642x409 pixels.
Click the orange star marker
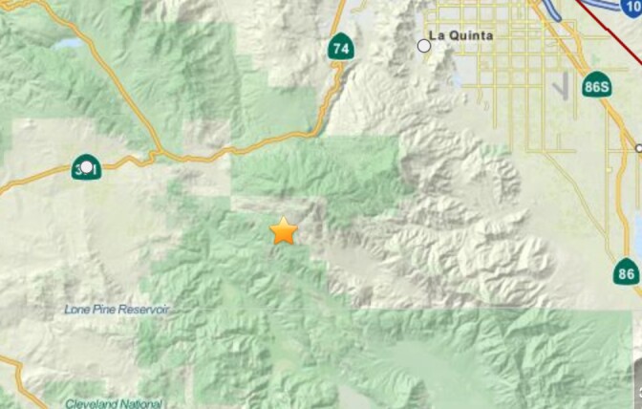tap(284, 231)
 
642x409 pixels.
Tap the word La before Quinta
tap(439, 35)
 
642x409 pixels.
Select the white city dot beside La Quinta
tap(424, 45)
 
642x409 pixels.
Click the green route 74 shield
tap(340, 46)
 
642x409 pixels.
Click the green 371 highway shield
tap(86, 167)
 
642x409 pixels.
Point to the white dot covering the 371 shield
tap(87, 167)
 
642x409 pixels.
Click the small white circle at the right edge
tap(638, 148)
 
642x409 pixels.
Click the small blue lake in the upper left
tap(67, 44)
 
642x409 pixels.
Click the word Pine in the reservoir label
tap(106, 310)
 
